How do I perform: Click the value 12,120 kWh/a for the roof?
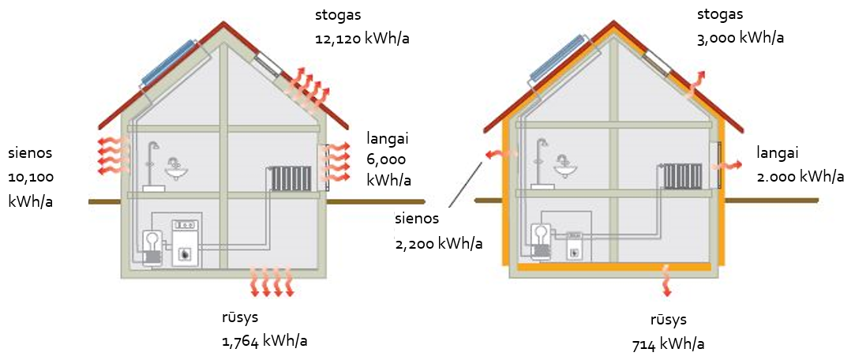click(x=362, y=39)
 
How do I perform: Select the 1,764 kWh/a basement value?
click(x=264, y=342)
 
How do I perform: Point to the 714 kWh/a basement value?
click(x=668, y=344)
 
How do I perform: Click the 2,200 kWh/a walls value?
click(x=438, y=243)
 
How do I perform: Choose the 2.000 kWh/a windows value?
click(x=801, y=176)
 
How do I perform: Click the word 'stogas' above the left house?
click(x=338, y=15)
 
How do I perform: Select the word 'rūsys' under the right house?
click(x=668, y=320)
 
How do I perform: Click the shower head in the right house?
click(x=543, y=144)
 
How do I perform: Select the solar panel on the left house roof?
click(x=168, y=62)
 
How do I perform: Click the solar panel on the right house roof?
click(x=557, y=61)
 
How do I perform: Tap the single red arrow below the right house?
click(x=666, y=280)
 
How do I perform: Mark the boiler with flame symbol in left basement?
click(x=186, y=242)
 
